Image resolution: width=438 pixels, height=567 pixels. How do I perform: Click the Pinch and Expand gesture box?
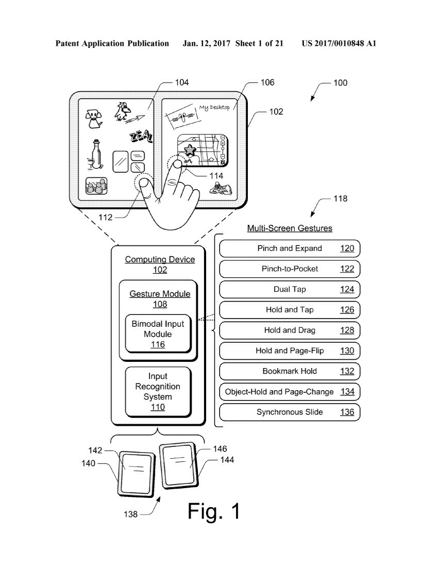[290, 248]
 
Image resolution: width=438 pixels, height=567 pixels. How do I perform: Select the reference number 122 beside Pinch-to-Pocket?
[347, 269]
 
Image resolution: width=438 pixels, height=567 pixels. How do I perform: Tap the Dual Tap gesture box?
[290, 289]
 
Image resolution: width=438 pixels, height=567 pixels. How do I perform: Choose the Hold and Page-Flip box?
[290, 351]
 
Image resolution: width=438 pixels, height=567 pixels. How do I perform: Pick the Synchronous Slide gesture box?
[290, 412]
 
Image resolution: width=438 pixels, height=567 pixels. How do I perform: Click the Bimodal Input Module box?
[158, 334]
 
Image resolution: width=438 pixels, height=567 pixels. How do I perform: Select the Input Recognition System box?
[158, 391]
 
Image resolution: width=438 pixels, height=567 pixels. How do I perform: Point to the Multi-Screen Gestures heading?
[290, 228]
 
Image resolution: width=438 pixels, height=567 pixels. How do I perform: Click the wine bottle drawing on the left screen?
[95, 155]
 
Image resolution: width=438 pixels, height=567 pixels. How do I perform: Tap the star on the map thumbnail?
[190, 151]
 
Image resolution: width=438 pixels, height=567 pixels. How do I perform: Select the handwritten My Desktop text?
[214, 108]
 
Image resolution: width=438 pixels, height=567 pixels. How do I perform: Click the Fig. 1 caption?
[214, 511]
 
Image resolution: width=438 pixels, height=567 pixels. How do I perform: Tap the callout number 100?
[340, 82]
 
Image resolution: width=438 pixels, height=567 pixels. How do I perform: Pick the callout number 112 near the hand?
[105, 218]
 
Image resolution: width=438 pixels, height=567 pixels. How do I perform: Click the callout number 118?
[341, 198]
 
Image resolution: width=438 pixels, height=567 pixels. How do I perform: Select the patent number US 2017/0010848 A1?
[339, 44]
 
